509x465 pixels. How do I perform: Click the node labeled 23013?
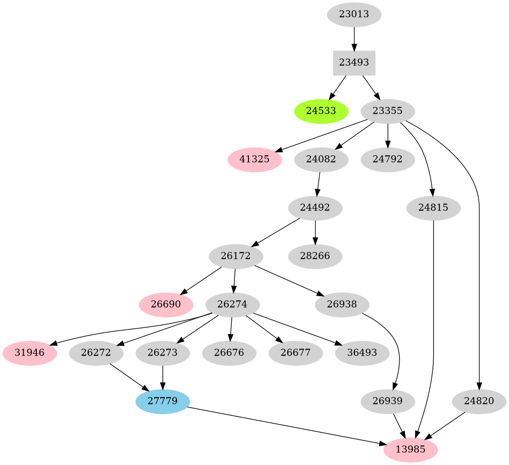point(354,14)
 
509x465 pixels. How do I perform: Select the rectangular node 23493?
point(354,63)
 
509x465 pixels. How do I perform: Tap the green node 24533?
point(321,111)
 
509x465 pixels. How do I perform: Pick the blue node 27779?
point(163,402)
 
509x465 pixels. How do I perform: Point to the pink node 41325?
point(254,160)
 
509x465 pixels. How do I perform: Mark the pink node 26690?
point(166,305)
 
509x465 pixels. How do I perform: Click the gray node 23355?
point(388,111)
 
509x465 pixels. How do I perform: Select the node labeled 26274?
point(233,305)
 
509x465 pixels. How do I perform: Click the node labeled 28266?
point(315,256)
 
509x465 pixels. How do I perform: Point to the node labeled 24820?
point(479,402)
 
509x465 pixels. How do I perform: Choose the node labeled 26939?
point(388,402)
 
